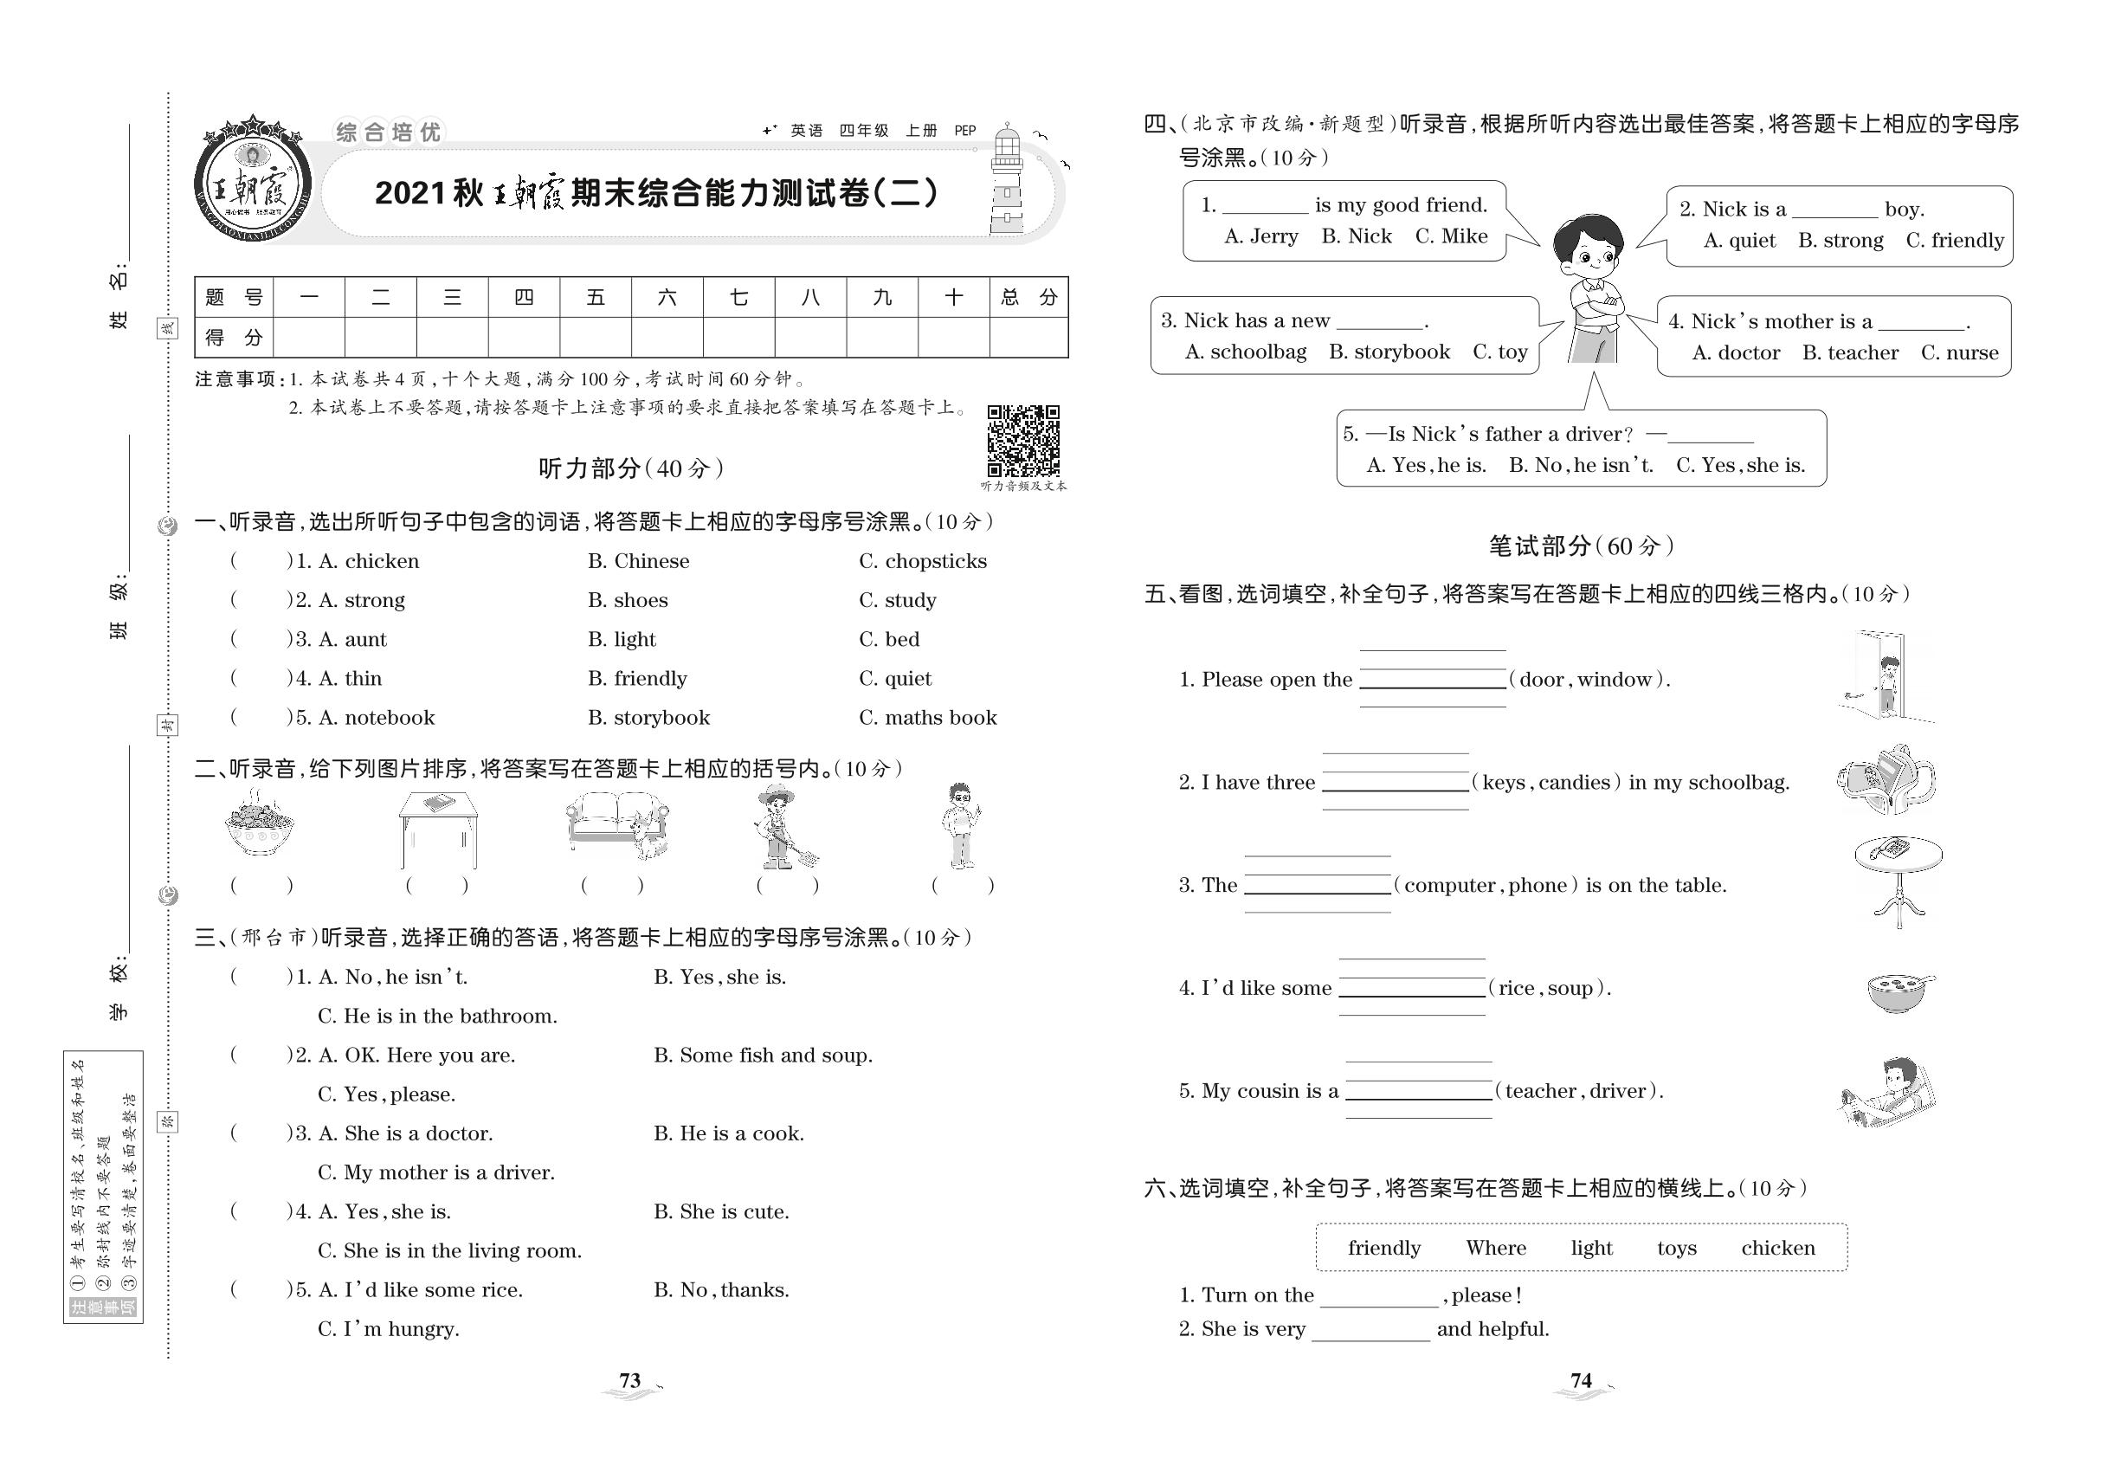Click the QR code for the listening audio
tap(1022, 440)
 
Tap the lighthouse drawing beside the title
tap(1007, 183)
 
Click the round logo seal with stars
tap(252, 181)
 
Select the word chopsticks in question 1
tap(935, 561)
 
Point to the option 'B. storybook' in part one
tap(648, 718)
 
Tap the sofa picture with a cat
tap(616, 825)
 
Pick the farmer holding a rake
tap(782, 827)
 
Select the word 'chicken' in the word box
tap(1777, 1248)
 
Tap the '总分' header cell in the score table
tap(1028, 297)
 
